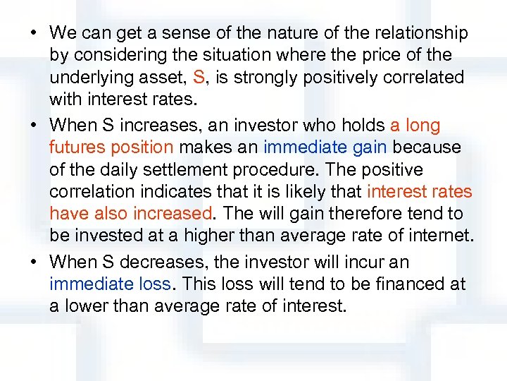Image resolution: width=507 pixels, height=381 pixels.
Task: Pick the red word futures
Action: coord(75,147)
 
